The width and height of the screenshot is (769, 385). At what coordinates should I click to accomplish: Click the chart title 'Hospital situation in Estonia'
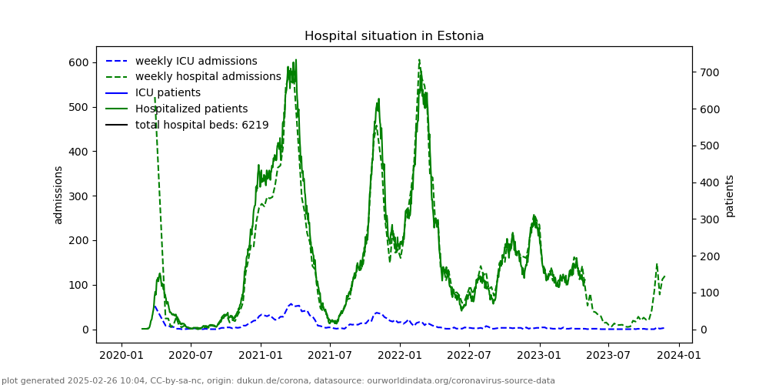pos(394,36)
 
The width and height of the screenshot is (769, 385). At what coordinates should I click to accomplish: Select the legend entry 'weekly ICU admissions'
pos(196,61)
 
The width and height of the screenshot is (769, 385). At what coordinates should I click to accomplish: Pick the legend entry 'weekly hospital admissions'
pos(208,77)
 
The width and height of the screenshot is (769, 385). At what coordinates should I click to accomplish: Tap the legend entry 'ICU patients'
pos(168,93)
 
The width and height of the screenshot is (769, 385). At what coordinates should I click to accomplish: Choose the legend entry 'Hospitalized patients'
pos(191,109)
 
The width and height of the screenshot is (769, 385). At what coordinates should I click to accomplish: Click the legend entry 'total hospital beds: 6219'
pos(201,125)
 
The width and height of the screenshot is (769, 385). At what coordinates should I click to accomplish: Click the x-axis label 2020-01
pos(121,355)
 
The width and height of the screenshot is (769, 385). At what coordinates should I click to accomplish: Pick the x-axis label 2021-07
pos(330,355)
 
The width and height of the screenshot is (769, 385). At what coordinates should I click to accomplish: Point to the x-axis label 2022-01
pos(400,355)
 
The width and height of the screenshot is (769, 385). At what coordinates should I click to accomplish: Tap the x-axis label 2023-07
pos(608,355)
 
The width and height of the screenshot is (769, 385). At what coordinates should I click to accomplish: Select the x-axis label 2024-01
pos(679,355)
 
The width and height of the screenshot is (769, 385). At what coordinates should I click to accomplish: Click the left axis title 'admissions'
pos(58,195)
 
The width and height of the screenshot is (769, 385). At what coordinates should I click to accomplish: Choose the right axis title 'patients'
pos(730,196)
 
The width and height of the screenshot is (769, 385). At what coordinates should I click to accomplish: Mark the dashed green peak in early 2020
pos(155,99)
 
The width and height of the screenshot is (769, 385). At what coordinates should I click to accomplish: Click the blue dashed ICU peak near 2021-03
pos(291,304)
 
